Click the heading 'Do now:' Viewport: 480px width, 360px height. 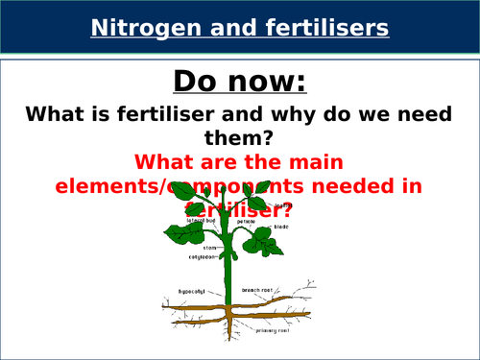240,80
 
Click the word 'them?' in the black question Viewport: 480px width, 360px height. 240,140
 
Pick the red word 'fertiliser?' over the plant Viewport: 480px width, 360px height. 240,208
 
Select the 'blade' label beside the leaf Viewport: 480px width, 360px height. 281,227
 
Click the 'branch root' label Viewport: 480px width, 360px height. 259,288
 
